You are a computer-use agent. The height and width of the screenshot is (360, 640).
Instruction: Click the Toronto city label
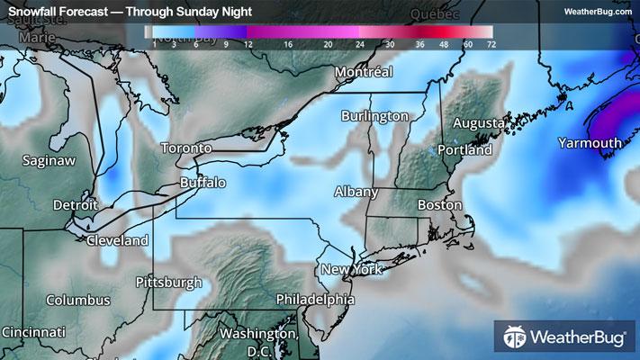point(186,148)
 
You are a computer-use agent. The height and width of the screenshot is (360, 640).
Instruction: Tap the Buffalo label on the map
point(203,183)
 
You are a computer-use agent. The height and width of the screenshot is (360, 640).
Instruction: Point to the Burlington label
point(374,116)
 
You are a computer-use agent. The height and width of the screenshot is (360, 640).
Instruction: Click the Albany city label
point(356,192)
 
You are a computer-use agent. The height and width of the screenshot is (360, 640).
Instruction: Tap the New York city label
point(352,270)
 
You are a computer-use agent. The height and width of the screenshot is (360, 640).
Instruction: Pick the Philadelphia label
point(315,299)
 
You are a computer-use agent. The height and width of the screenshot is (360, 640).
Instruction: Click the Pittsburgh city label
point(168,282)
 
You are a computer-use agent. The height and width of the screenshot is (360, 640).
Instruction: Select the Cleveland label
point(117,241)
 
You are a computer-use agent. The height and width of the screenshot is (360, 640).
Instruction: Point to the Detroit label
point(75,205)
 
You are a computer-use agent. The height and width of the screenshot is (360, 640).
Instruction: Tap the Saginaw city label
point(50,159)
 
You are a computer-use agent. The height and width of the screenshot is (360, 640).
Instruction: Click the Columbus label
point(78,300)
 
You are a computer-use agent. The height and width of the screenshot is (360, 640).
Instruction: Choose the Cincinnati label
point(33,332)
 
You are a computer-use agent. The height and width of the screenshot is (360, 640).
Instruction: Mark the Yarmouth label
point(590,143)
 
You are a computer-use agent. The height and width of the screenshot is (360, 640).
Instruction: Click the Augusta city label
point(477,122)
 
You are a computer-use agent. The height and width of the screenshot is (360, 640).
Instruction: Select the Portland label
point(465,150)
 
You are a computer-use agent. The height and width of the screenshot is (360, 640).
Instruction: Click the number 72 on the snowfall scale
point(490,42)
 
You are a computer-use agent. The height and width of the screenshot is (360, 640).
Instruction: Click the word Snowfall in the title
point(33,12)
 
